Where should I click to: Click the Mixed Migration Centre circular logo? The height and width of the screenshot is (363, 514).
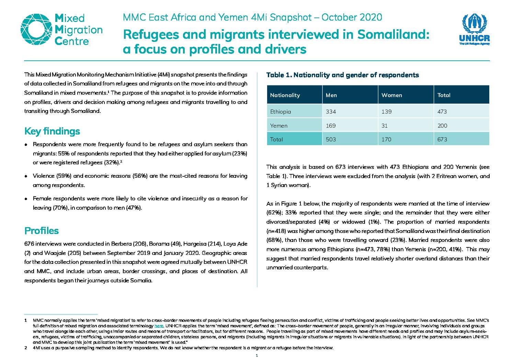coord(36,30)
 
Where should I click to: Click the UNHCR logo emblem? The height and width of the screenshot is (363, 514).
coord(474,24)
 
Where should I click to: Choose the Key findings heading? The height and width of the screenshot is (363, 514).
coord(52,131)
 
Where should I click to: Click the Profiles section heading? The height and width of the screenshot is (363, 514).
coord(42,231)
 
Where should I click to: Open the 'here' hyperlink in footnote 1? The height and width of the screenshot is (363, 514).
coord(159,326)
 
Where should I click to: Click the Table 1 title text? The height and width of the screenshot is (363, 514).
coord(343,75)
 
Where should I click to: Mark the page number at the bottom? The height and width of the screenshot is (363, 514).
coord(257,355)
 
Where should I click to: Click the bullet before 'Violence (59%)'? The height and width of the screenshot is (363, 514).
coord(26,176)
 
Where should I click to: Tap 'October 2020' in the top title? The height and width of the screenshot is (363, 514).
coord(352,17)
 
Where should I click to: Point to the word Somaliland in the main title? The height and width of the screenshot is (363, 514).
coord(393,34)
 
